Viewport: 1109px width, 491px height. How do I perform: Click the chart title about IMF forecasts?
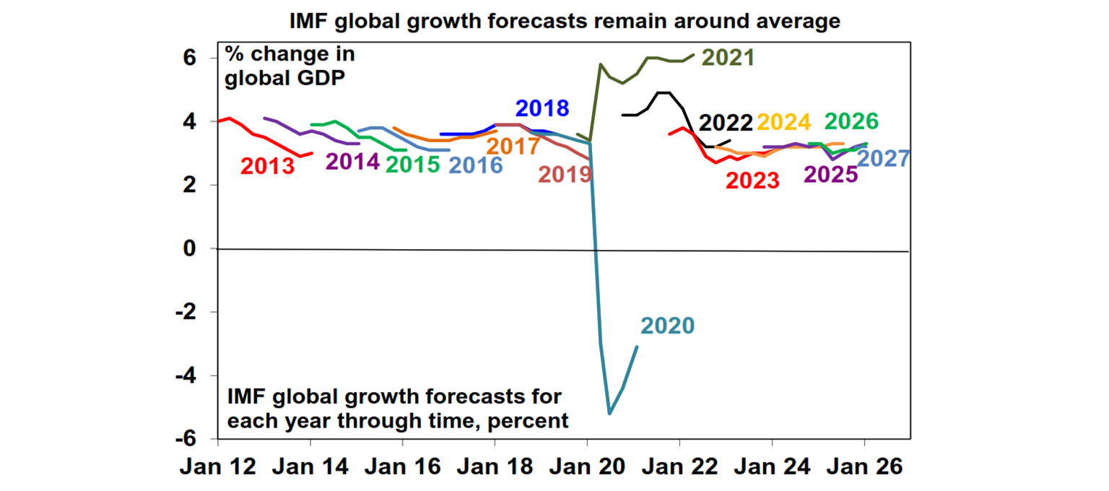565,21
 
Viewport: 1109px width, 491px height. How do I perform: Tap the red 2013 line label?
267,167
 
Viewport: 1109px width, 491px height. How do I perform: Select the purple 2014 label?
352,161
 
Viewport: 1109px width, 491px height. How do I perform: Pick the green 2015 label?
412,165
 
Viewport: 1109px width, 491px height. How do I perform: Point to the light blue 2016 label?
475,165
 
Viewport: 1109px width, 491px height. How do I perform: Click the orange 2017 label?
513,147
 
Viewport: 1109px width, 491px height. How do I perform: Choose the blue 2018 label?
542,109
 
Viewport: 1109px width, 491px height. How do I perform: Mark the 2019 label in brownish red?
565,174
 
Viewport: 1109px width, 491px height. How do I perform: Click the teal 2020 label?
667,326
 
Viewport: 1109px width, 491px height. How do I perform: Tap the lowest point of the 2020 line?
610,414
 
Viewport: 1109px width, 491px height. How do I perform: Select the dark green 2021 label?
728,58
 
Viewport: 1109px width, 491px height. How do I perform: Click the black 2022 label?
726,122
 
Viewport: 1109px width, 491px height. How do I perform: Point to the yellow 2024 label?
786,122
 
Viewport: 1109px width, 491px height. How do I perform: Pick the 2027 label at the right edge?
883,159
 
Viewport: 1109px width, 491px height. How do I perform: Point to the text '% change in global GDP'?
289,66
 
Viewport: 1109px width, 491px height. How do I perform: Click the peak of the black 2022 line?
662,92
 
